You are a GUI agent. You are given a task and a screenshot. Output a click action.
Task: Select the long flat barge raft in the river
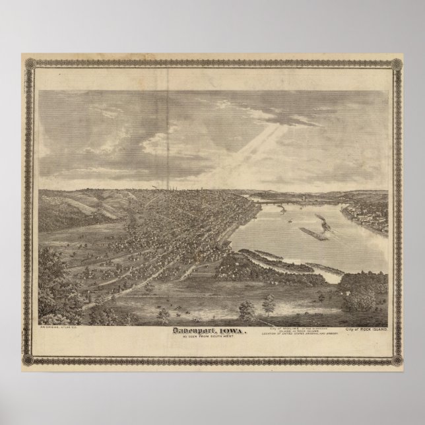click(315, 232)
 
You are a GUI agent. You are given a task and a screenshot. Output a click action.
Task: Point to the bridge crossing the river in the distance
click(284, 196)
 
